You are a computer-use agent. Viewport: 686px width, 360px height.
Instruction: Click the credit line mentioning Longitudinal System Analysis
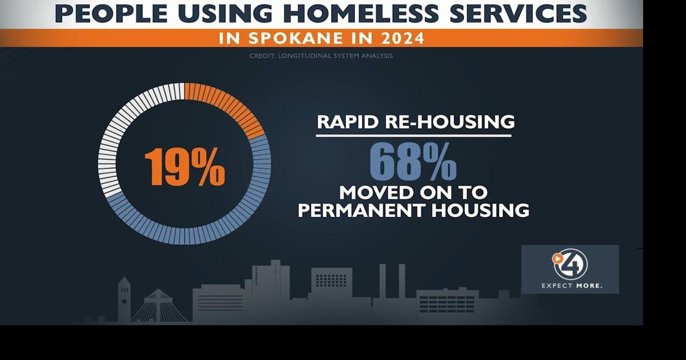[321, 56]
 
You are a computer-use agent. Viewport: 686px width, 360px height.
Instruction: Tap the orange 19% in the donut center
[184, 166]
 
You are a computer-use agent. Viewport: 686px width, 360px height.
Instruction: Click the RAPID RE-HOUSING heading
[415, 122]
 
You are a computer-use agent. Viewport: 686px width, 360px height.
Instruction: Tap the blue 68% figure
[413, 162]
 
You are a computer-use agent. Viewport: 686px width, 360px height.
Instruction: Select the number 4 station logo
[570, 264]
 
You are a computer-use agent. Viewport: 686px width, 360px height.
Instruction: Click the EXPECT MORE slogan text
[571, 286]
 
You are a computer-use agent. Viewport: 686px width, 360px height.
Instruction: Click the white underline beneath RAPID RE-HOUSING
[413, 136]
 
